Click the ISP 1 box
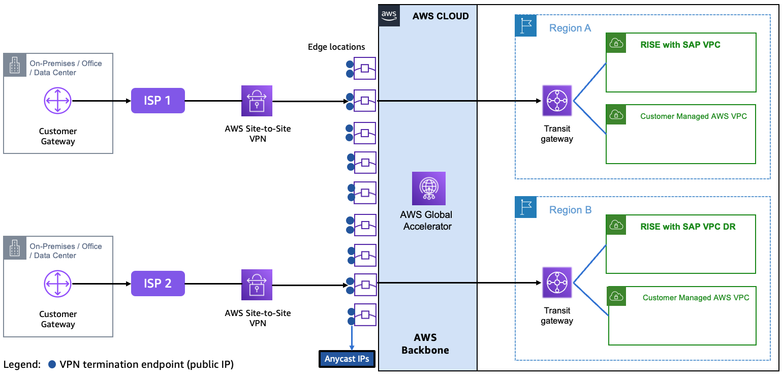tap(158, 101)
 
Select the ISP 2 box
tap(158, 284)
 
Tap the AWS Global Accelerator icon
tap(428, 188)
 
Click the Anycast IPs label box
tap(347, 359)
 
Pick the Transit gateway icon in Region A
tap(557, 101)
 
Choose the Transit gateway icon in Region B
tap(557, 282)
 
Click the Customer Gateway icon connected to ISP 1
tap(57, 101)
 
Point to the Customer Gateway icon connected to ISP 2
tap(57, 284)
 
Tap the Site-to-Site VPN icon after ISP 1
tap(257, 101)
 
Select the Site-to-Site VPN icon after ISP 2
tap(257, 285)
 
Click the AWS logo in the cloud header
tap(389, 15)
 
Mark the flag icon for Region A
tap(526, 25)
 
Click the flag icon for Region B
tap(526, 207)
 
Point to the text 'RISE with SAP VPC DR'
tap(688, 227)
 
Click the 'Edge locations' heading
tap(336, 47)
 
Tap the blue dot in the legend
tap(52, 364)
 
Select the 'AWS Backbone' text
tap(425, 344)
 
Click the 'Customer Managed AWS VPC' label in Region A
tap(693, 116)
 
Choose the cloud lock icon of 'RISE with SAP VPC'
tap(616, 44)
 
